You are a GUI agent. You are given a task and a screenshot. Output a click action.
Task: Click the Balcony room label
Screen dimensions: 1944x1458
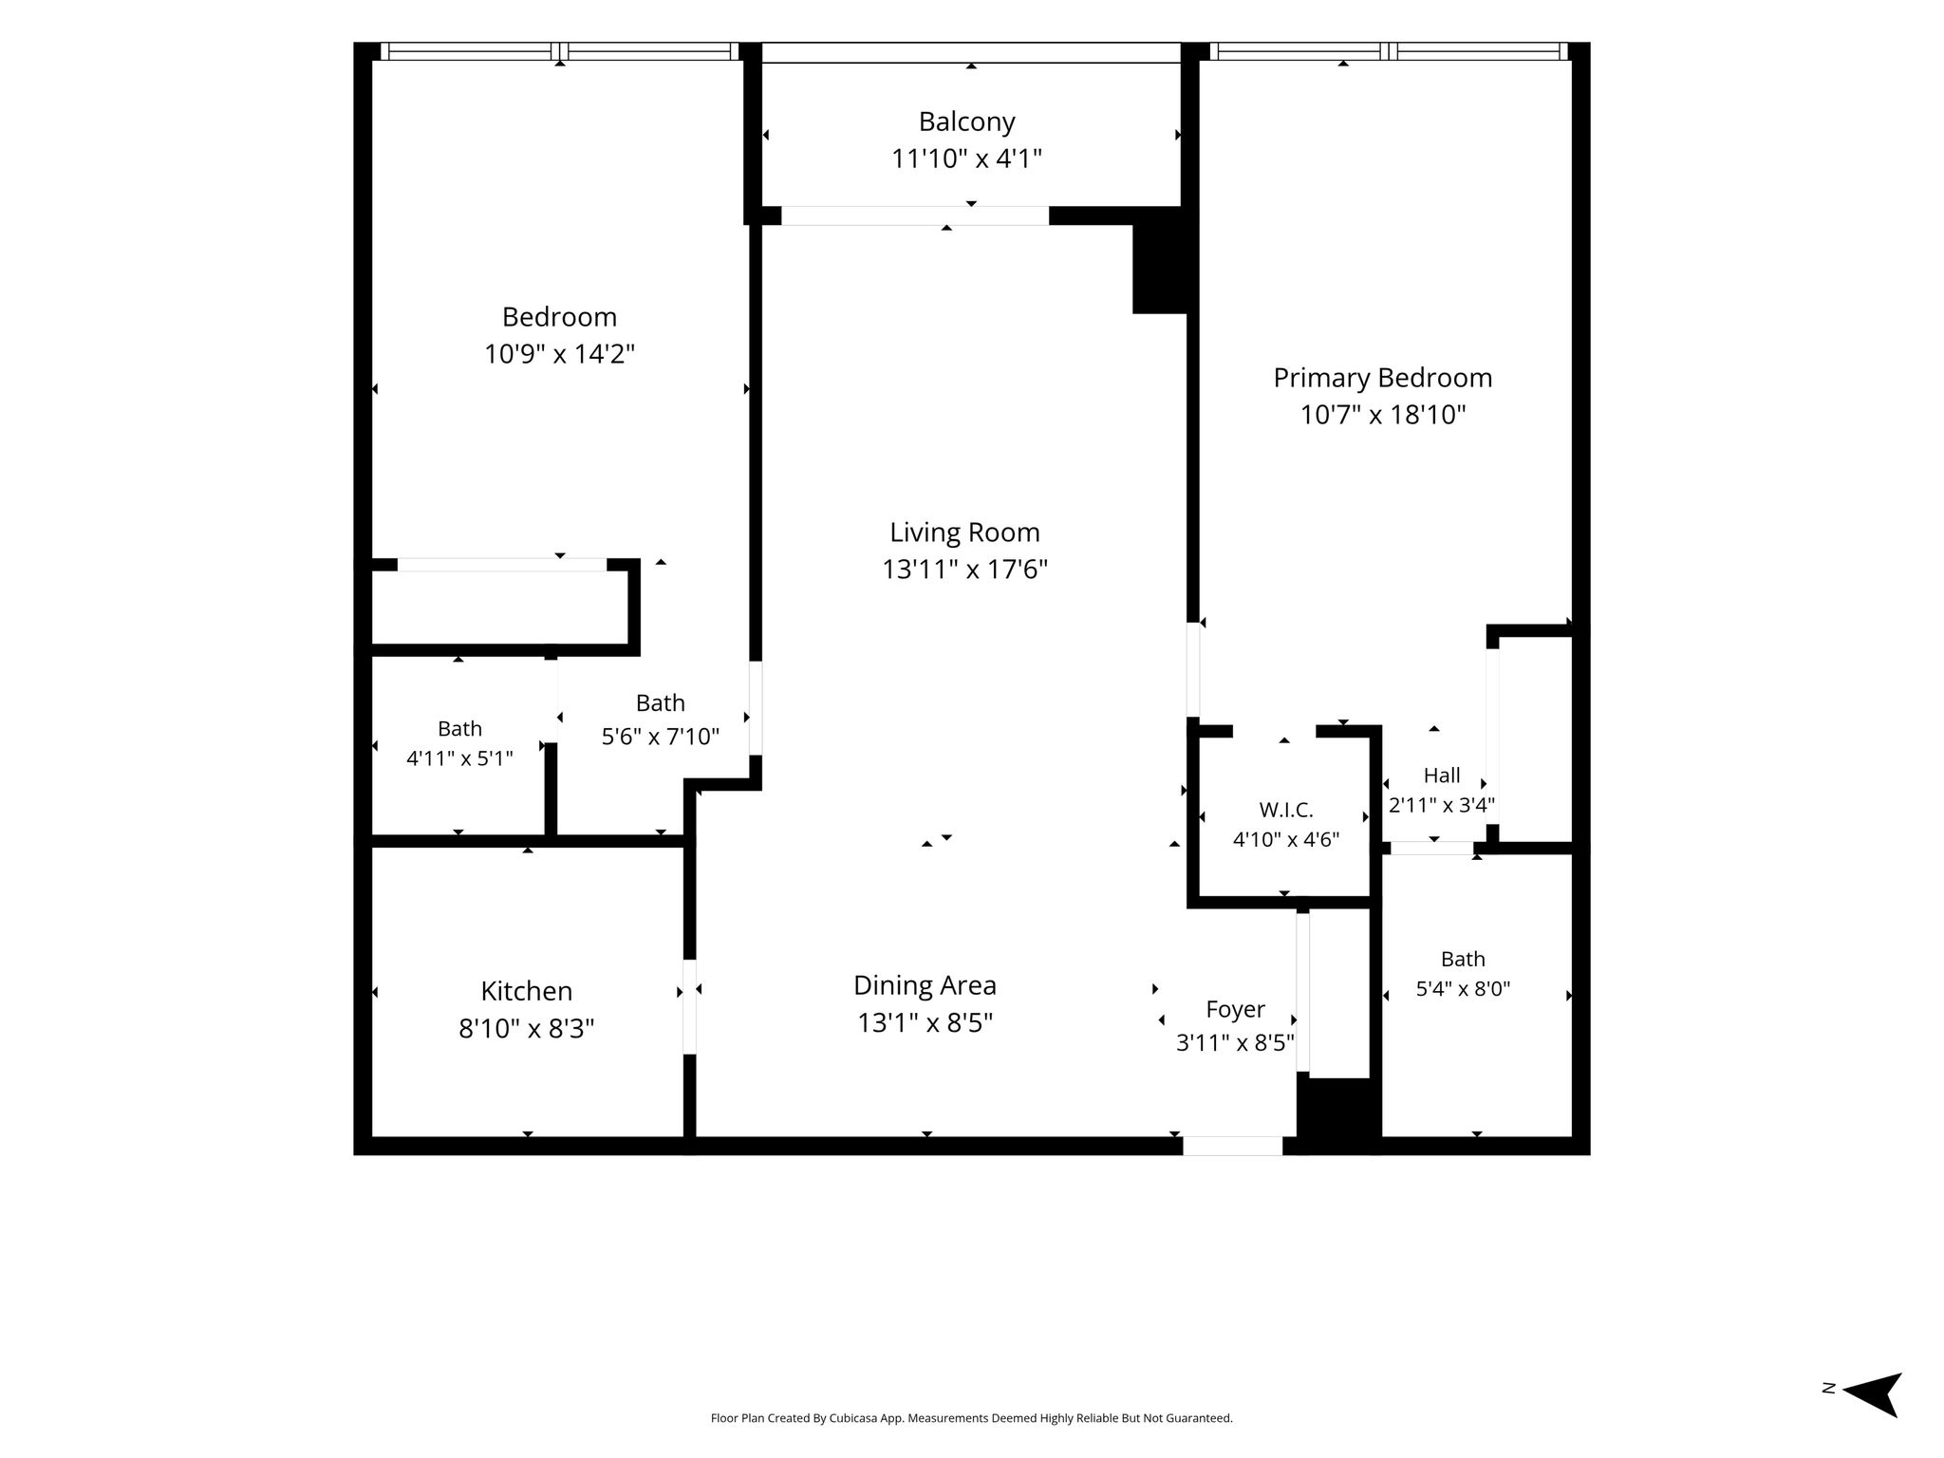966,121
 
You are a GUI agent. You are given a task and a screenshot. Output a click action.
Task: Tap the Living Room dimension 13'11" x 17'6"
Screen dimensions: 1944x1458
964,570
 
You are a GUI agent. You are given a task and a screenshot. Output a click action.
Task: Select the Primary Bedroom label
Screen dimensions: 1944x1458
1382,378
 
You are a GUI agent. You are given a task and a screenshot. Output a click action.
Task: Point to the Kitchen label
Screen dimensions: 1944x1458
526,991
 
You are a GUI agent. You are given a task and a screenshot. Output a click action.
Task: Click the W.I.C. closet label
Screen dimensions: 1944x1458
1286,810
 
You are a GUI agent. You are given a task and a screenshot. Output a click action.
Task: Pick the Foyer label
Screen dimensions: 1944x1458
1235,1009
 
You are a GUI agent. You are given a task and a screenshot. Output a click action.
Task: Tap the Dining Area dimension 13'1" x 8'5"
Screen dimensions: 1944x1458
925,1023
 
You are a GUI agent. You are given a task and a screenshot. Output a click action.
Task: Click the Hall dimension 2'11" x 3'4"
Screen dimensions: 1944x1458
1442,805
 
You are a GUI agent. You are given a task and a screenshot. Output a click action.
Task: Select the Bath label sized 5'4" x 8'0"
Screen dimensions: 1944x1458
1463,959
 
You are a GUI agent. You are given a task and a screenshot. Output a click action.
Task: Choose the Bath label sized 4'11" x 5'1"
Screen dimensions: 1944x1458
459,729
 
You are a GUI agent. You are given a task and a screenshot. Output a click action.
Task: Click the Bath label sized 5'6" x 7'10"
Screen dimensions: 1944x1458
660,703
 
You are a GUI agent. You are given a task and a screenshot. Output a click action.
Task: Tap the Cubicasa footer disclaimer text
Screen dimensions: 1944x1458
971,1418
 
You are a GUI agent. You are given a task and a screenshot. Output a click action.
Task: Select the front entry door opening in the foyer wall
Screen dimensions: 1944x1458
1232,1146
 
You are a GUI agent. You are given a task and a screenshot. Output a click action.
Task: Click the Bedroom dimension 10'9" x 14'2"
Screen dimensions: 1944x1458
559,354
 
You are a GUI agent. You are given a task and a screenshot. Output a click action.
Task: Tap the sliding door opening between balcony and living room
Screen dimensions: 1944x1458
915,215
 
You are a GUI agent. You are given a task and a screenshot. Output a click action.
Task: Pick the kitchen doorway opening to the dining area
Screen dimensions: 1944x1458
689,1006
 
